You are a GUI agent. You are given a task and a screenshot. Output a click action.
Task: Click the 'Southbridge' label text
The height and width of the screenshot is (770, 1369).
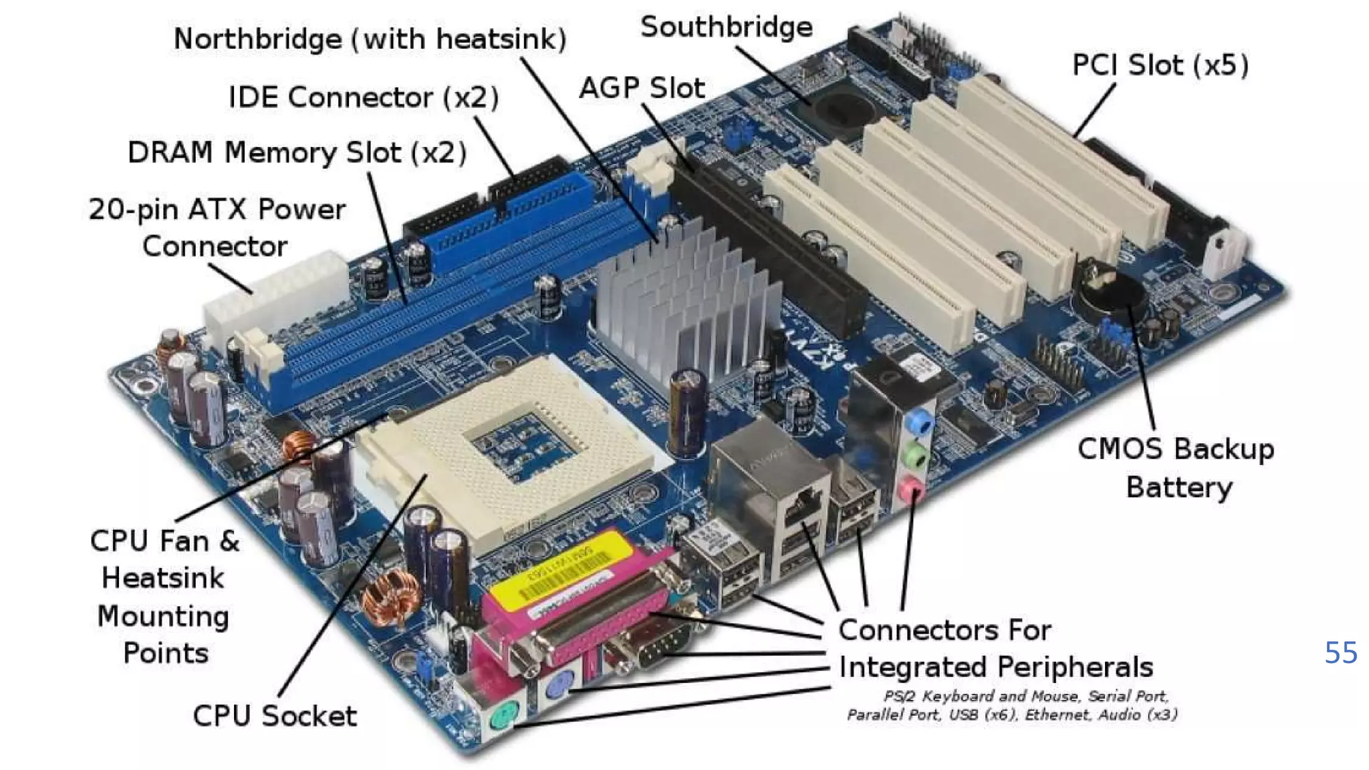[x=726, y=27]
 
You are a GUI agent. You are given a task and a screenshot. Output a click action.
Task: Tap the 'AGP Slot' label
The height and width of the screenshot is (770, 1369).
[x=642, y=88]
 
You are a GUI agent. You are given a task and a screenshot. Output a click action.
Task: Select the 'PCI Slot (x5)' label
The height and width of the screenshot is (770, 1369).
[x=1160, y=66]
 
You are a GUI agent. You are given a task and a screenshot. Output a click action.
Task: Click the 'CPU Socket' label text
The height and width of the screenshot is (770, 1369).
[x=275, y=716]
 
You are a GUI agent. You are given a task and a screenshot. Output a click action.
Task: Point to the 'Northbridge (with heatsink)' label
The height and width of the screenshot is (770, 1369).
[x=370, y=39]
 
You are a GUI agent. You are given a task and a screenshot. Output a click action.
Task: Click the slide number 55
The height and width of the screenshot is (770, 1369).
[x=1340, y=652]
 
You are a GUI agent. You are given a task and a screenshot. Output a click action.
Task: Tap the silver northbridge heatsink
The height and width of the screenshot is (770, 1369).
[x=689, y=301]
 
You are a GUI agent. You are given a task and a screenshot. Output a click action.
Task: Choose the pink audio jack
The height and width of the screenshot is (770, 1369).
[x=910, y=491]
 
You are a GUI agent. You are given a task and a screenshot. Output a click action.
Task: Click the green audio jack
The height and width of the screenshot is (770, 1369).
[x=914, y=457]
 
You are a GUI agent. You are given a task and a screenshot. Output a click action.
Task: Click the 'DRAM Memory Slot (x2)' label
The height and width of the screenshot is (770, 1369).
[x=297, y=153]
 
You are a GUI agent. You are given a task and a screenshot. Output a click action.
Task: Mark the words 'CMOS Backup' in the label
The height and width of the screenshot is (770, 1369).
[x=1175, y=449]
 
